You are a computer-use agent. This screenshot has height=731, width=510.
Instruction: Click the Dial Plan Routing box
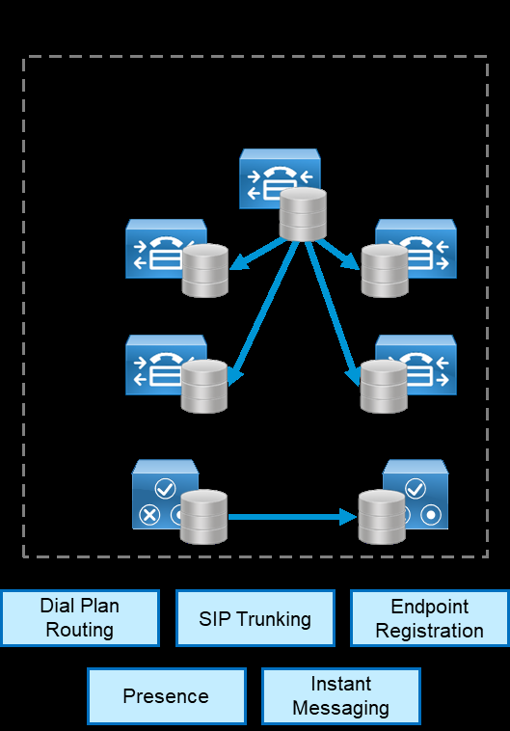(x=80, y=618)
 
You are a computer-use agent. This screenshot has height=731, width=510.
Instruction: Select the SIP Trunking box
(x=255, y=618)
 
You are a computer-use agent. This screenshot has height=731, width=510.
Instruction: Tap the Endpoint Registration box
(x=429, y=618)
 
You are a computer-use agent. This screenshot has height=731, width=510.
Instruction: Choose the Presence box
(x=167, y=696)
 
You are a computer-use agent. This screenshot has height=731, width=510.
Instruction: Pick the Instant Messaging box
(x=341, y=696)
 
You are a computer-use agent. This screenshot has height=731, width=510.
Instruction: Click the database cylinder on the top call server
(x=303, y=214)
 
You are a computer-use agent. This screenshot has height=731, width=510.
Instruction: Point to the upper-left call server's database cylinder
(x=204, y=270)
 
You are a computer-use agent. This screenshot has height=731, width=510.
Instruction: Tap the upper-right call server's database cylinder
(x=385, y=270)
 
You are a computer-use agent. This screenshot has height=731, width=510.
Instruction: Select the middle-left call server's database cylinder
(x=204, y=386)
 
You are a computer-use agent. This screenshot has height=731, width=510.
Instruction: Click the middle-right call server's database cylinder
(x=384, y=386)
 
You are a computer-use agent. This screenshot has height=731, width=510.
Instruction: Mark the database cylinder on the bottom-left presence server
(x=203, y=517)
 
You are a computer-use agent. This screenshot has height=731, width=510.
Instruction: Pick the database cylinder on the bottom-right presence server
(x=382, y=517)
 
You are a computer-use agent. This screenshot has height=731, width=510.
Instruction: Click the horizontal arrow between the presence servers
(x=293, y=517)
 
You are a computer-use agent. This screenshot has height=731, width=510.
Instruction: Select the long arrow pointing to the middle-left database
(x=263, y=311)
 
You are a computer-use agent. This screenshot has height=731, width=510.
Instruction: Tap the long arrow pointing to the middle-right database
(x=333, y=311)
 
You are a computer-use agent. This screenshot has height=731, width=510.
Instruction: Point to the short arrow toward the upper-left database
(x=257, y=254)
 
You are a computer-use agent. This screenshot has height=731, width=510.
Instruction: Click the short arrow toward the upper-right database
(x=339, y=254)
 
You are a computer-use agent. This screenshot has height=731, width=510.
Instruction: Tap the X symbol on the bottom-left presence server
(x=149, y=515)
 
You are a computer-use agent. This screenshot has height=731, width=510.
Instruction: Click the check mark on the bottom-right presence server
(x=415, y=489)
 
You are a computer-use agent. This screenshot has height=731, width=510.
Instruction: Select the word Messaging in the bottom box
(x=340, y=708)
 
